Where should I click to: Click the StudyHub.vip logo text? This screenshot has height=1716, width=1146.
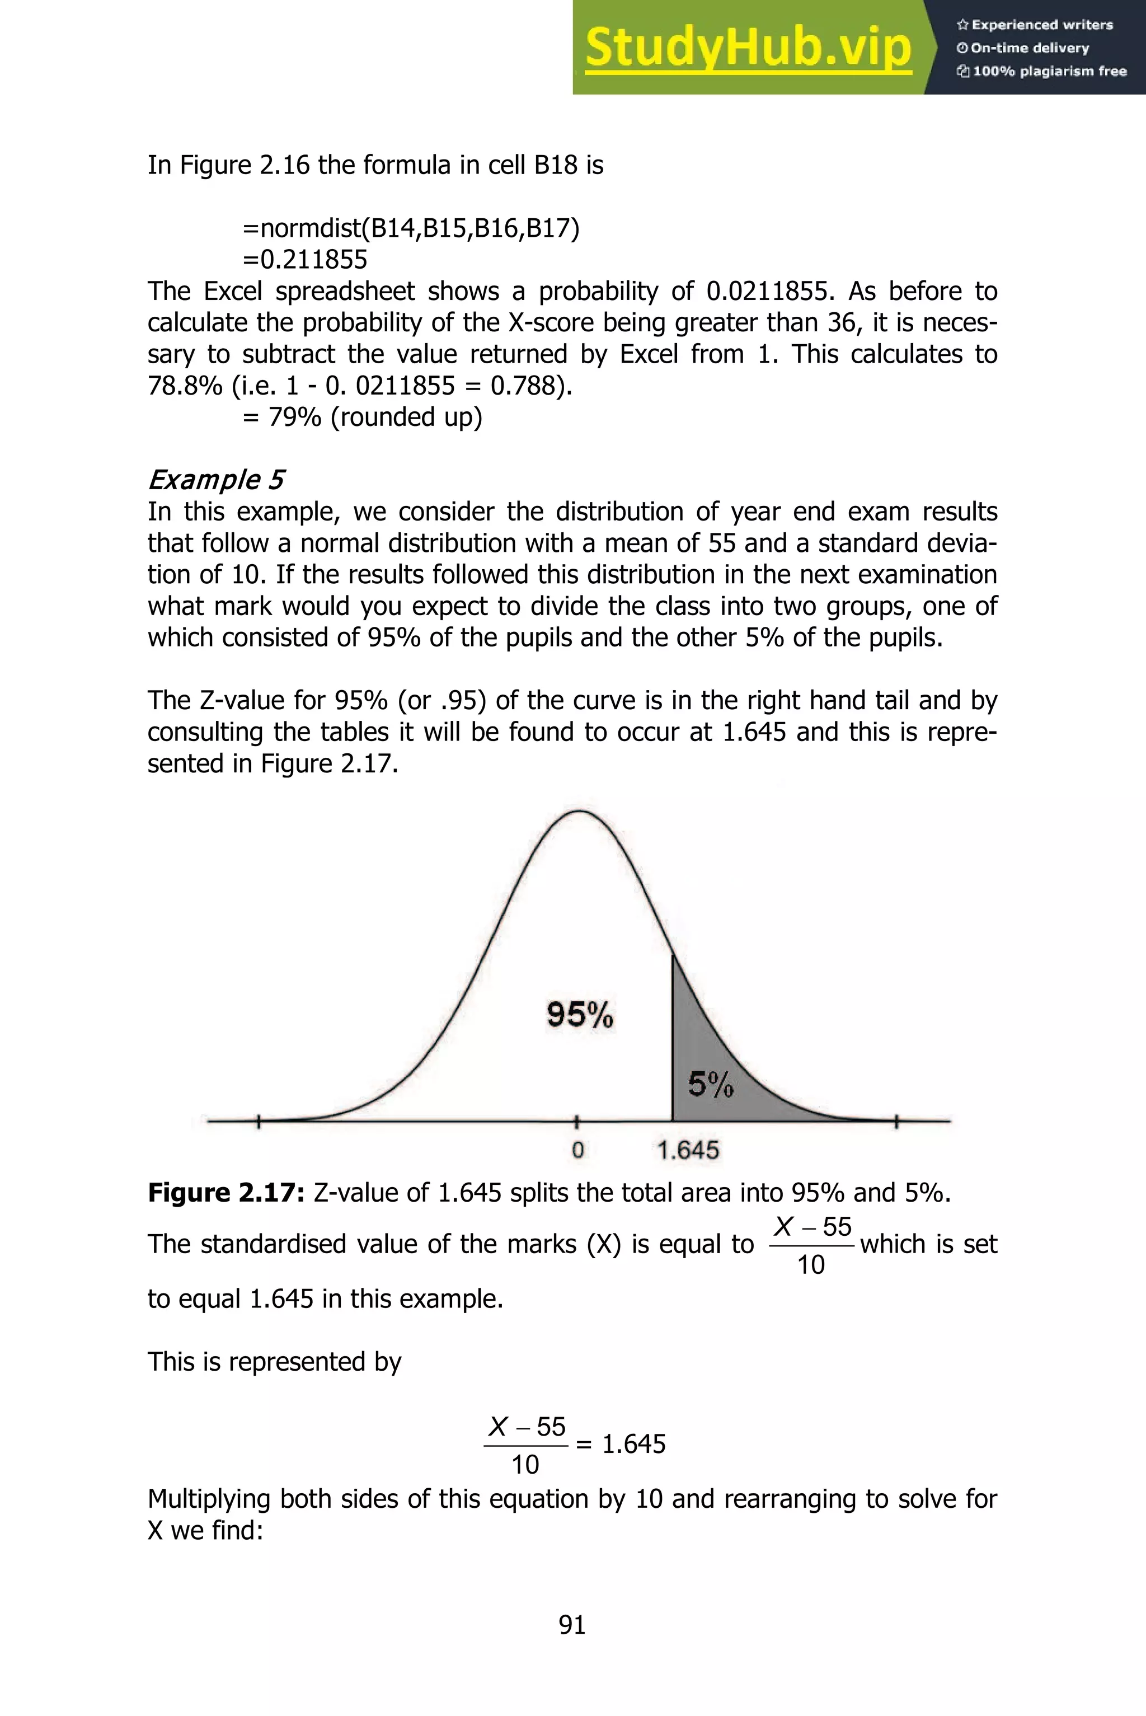coord(748,48)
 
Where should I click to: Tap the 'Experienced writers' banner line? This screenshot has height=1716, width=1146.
coord(1034,25)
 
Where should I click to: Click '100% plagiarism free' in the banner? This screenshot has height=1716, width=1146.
coord(1041,72)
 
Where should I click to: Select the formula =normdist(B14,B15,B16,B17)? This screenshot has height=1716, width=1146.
coord(411,229)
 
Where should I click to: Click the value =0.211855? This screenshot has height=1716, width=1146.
coord(305,260)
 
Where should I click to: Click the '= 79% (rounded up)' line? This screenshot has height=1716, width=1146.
coord(363,418)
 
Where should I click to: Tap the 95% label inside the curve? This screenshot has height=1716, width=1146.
coord(580,1015)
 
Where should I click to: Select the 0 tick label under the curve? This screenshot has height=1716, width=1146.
coord(577,1150)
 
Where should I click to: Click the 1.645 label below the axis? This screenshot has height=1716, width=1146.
coord(688,1150)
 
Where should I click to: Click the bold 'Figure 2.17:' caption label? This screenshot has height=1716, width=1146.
coord(226,1193)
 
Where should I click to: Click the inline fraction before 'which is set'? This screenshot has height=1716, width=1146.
coord(811,1245)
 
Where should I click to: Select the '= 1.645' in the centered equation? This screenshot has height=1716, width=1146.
coord(621,1444)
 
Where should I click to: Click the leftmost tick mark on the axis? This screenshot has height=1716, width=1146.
coord(259,1121)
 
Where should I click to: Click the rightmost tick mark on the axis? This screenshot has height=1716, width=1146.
coord(897,1121)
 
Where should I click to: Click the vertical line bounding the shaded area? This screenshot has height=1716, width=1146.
coord(673,1038)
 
